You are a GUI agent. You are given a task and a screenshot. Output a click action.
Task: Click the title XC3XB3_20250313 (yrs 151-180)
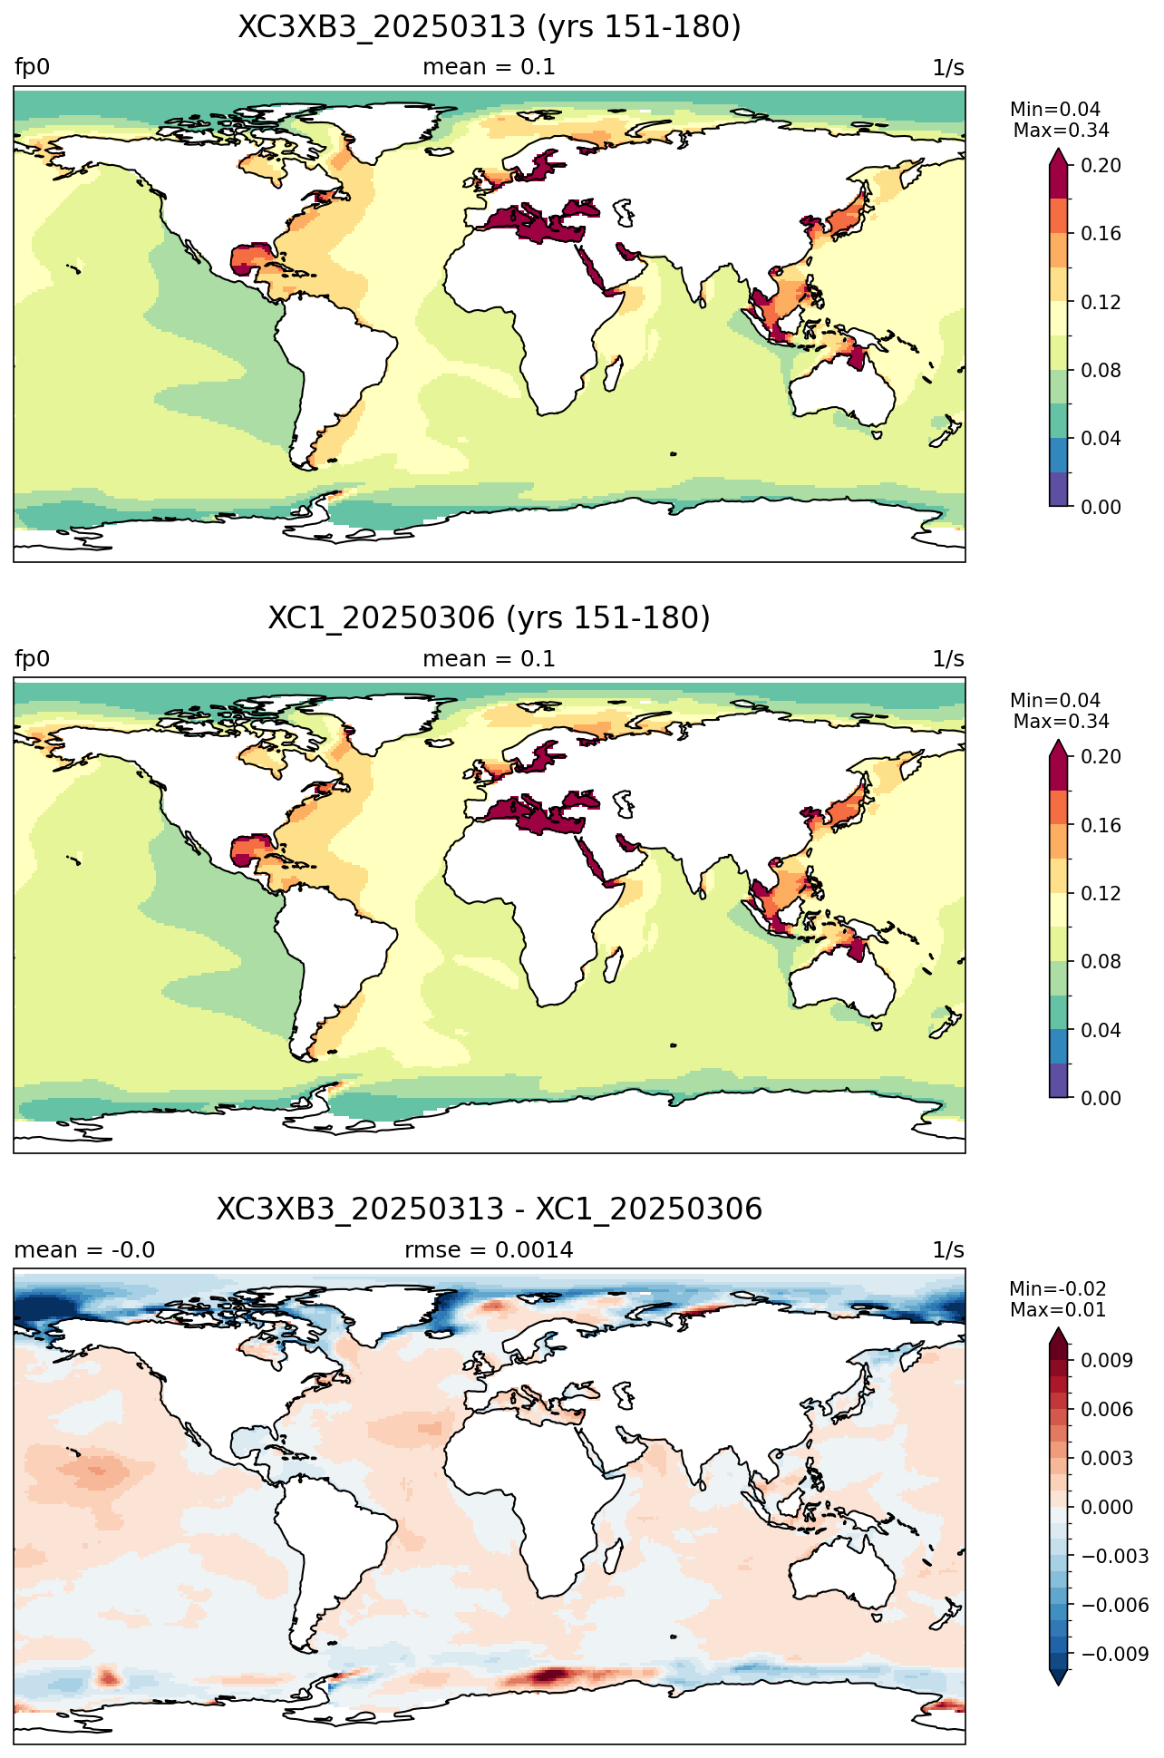click(x=490, y=27)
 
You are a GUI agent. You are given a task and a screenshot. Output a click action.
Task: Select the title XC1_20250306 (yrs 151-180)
click(x=490, y=618)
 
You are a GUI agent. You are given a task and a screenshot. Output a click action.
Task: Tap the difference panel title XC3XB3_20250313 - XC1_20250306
click(x=490, y=1209)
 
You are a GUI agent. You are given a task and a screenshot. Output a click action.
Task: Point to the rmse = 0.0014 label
click(x=490, y=1250)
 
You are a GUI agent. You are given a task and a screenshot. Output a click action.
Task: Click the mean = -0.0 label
click(x=84, y=1250)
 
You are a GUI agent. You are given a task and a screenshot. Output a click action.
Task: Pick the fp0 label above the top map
click(x=32, y=68)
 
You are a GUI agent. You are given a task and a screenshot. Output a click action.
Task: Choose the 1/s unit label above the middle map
click(x=948, y=659)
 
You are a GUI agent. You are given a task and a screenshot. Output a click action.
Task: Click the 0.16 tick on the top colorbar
click(x=1101, y=234)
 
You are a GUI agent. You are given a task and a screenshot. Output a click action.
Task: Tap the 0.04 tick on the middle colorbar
click(x=1101, y=1030)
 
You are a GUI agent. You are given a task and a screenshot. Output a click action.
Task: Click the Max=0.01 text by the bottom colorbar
click(x=1058, y=1310)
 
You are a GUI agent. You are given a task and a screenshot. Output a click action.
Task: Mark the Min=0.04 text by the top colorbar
click(x=1055, y=110)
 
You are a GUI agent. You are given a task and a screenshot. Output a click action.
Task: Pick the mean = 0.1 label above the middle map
click(x=490, y=659)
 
